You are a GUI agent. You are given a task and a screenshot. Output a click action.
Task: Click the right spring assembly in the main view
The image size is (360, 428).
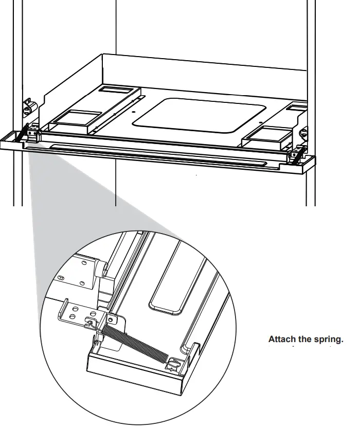[297, 155]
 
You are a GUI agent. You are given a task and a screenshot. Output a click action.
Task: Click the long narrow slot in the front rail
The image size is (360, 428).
[149, 155]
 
